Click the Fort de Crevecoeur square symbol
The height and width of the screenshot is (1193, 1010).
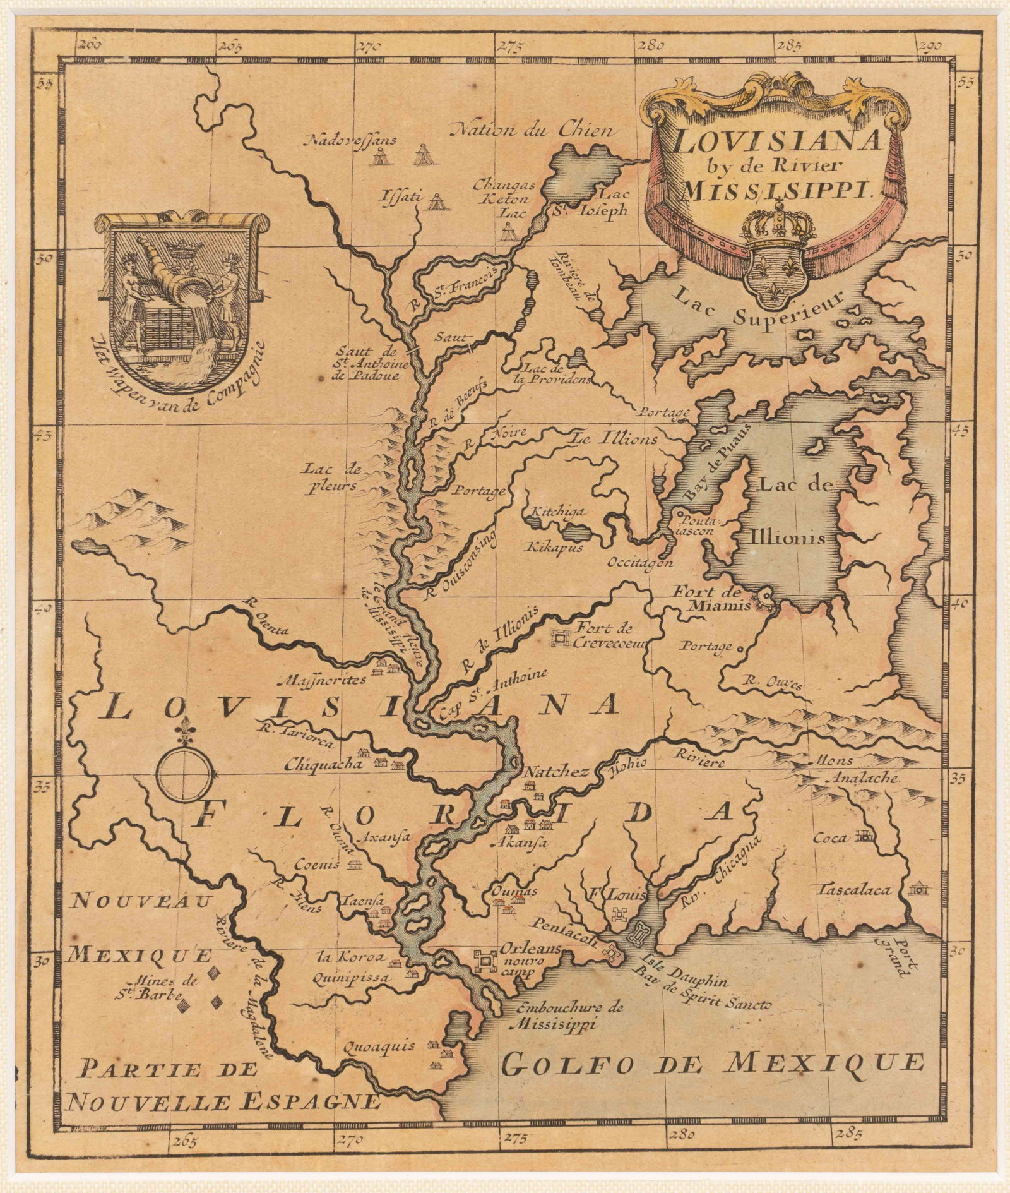click(559, 640)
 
